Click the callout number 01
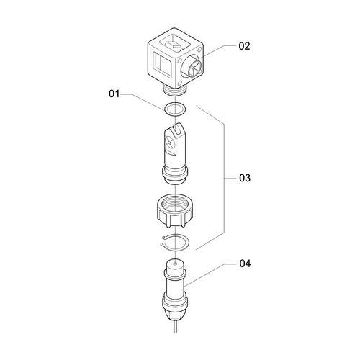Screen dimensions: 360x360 (x=114, y=94)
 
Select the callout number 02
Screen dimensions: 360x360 (x=244, y=46)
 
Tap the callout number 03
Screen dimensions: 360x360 (x=245, y=178)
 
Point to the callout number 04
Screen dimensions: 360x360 (x=245, y=264)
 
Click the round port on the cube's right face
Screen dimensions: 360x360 (x=193, y=66)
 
